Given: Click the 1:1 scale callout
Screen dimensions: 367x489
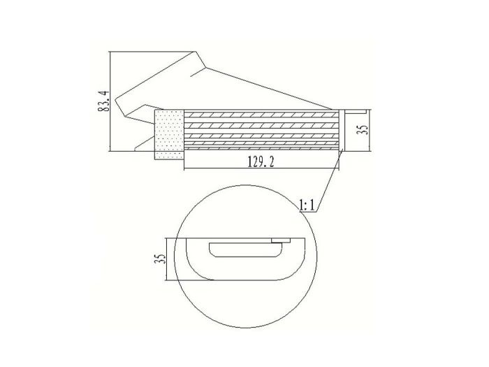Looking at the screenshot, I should coord(309,205).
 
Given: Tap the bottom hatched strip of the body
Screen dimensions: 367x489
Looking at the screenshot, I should coord(262,145).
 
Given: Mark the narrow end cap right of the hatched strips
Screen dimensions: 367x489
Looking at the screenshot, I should coord(343,130).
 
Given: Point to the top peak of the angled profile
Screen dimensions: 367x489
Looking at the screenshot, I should coord(196,51).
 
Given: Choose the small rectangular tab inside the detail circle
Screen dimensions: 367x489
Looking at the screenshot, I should coord(282,241).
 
